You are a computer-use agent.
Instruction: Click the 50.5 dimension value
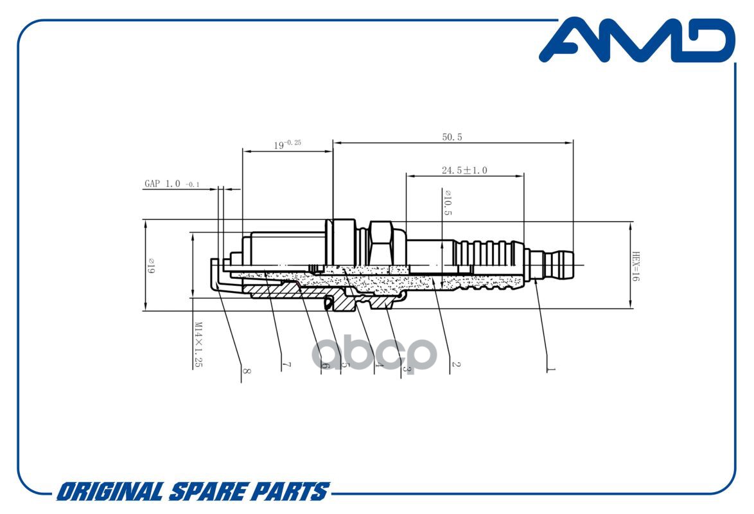coord(452,137)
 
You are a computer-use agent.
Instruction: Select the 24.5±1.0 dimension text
coord(464,170)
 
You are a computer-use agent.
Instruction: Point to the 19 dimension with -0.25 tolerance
coord(288,144)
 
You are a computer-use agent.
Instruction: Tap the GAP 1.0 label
coord(162,183)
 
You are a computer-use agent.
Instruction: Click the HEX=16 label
coord(636,266)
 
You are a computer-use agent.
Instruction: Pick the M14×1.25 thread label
coord(198,345)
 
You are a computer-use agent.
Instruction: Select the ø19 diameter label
coord(151,265)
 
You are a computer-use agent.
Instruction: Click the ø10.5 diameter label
coord(448,202)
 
